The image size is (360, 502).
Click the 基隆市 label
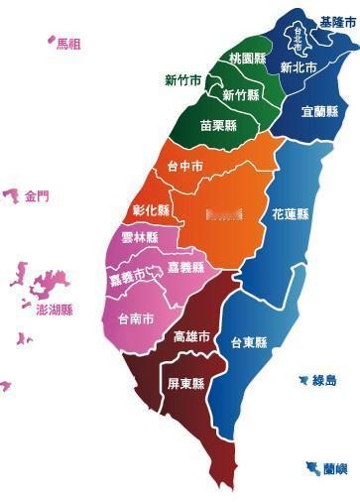click(338, 22)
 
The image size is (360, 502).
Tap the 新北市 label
click(298, 68)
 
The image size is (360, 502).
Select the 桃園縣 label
click(247, 58)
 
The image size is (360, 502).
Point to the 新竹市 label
click(183, 80)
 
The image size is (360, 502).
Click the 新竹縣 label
click(241, 95)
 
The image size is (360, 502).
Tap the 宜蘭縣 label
click(319, 111)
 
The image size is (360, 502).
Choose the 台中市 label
click(186, 166)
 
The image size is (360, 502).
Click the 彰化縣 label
click(151, 210)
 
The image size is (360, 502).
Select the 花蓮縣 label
click(290, 213)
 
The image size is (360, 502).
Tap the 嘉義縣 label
click(185, 268)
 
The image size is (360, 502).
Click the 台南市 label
click(136, 319)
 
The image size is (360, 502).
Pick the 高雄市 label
click(191, 337)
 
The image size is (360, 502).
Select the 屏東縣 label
click(185, 384)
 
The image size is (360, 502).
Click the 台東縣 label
click(249, 343)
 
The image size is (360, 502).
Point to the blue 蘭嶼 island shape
click(313, 467)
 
